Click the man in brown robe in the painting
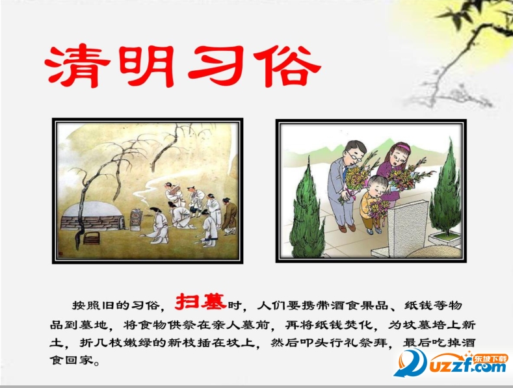click(x=229, y=214)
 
